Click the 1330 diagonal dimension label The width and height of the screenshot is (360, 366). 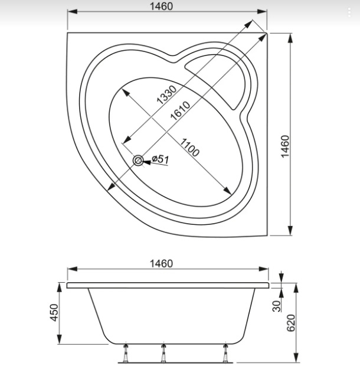[167, 95]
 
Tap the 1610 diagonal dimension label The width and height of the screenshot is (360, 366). [180, 110]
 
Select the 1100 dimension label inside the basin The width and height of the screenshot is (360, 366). [190, 148]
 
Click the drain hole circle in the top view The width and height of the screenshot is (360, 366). [138, 161]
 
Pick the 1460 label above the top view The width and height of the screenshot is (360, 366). [162, 6]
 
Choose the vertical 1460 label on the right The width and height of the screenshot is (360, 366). [285, 146]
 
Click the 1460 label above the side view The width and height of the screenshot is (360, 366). [162, 263]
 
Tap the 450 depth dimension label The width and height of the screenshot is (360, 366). [54, 312]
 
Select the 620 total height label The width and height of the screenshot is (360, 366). [291, 323]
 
